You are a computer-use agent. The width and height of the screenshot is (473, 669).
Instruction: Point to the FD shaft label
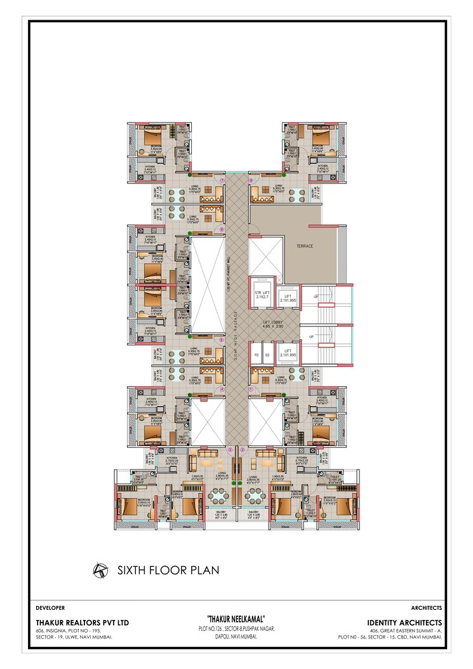point(256,355)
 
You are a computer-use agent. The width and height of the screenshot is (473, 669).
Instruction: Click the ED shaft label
point(267,355)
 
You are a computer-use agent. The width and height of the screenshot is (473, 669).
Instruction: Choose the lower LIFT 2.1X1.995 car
point(288,353)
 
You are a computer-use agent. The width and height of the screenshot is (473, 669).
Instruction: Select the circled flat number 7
point(222,180)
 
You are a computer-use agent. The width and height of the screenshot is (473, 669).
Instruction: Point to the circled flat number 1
point(251,389)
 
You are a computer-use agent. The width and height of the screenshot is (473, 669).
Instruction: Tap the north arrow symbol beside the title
point(99,570)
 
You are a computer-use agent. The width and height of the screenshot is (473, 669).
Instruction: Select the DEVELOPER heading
point(50,608)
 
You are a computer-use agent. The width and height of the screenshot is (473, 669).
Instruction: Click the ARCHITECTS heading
point(427,608)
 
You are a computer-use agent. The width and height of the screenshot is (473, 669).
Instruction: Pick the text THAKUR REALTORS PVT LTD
point(82,623)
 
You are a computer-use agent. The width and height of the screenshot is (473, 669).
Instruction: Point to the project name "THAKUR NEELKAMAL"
point(236,619)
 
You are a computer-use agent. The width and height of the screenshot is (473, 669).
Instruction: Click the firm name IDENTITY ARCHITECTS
point(404,623)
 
